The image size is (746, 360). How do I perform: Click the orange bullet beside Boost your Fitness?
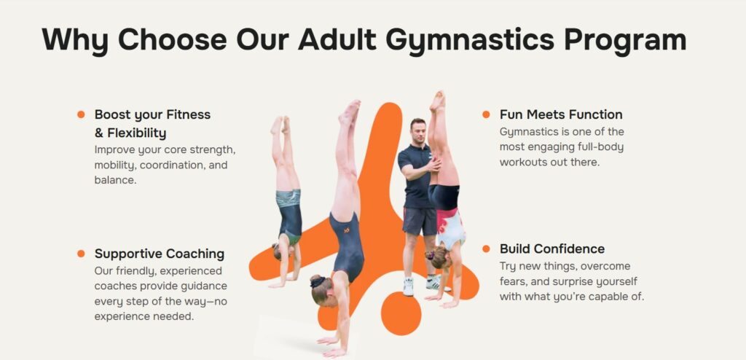click(81, 114)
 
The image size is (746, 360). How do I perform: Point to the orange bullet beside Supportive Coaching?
click(81, 254)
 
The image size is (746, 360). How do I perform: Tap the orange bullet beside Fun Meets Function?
click(486, 114)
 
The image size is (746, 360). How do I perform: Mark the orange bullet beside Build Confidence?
click(486, 249)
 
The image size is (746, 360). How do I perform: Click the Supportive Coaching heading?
click(160, 254)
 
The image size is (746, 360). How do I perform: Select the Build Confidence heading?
click(552, 249)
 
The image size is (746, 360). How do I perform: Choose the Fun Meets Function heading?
click(561, 114)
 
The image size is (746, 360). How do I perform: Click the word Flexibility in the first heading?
click(136, 133)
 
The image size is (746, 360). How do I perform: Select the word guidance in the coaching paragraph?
click(203, 286)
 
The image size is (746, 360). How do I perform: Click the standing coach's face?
click(417, 131)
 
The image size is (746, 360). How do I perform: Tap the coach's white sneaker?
click(408, 286)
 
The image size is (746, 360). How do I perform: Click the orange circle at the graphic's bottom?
click(401, 313)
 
